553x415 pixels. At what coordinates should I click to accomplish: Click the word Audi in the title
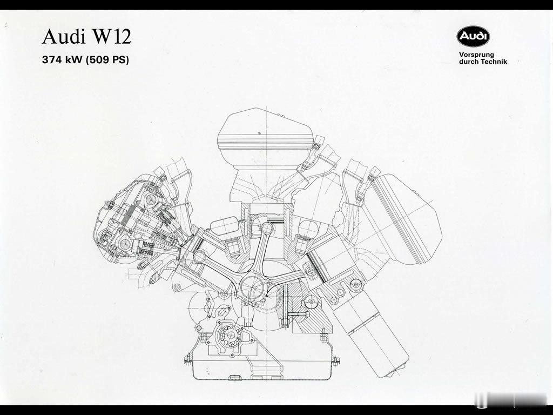64,36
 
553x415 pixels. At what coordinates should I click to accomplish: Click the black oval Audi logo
473,37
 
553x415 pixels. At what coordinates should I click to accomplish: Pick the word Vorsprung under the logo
476,55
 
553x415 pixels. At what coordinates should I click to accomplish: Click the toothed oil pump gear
228,337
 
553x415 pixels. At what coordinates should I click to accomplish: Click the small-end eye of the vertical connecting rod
267,229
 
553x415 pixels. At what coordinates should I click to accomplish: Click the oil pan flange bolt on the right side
336,360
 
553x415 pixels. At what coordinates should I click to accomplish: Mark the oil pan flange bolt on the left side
187,360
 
